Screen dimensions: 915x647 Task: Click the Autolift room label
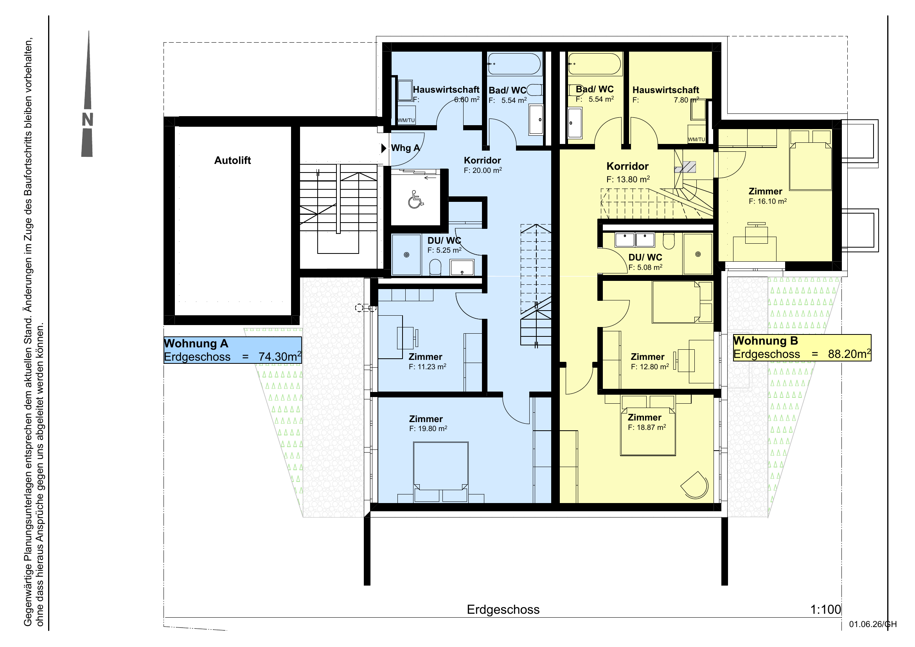click(x=232, y=160)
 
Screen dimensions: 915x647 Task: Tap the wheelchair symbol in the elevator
click(x=416, y=199)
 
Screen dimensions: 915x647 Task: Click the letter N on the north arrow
click(x=87, y=120)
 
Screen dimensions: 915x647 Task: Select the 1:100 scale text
click(x=825, y=609)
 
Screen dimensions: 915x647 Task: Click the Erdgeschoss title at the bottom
click(x=503, y=609)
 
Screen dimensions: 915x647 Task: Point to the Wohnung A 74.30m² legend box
click(x=233, y=350)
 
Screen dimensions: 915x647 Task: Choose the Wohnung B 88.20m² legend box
click(x=802, y=348)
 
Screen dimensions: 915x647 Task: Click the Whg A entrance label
click(x=405, y=148)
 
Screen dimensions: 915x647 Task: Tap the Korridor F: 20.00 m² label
click(x=483, y=165)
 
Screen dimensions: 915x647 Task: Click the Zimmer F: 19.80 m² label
click(x=428, y=424)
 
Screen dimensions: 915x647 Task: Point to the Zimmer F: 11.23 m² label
click(x=427, y=361)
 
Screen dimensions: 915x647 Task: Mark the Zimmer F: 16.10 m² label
click(x=768, y=196)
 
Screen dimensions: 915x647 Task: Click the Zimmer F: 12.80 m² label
click(x=650, y=361)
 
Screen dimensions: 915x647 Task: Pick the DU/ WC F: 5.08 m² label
click(x=645, y=262)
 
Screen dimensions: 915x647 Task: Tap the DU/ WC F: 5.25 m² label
click(x=444, y=245)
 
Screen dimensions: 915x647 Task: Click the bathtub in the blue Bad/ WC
click(x=514, y=64)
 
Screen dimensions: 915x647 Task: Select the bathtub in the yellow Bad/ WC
click(x=595, y=64)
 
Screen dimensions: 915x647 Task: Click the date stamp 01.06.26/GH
click(x=873, y=624)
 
